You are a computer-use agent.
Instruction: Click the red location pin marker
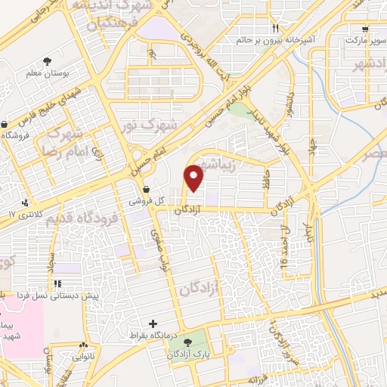[194, 178]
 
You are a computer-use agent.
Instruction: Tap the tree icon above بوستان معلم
[48, 60]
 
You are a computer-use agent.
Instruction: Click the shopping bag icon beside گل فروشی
[145, 190]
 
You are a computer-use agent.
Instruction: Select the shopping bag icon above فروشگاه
[5, 124]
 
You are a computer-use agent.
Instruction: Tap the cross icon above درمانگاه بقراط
[154, 323]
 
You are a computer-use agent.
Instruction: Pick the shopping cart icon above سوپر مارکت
[367, 29]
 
